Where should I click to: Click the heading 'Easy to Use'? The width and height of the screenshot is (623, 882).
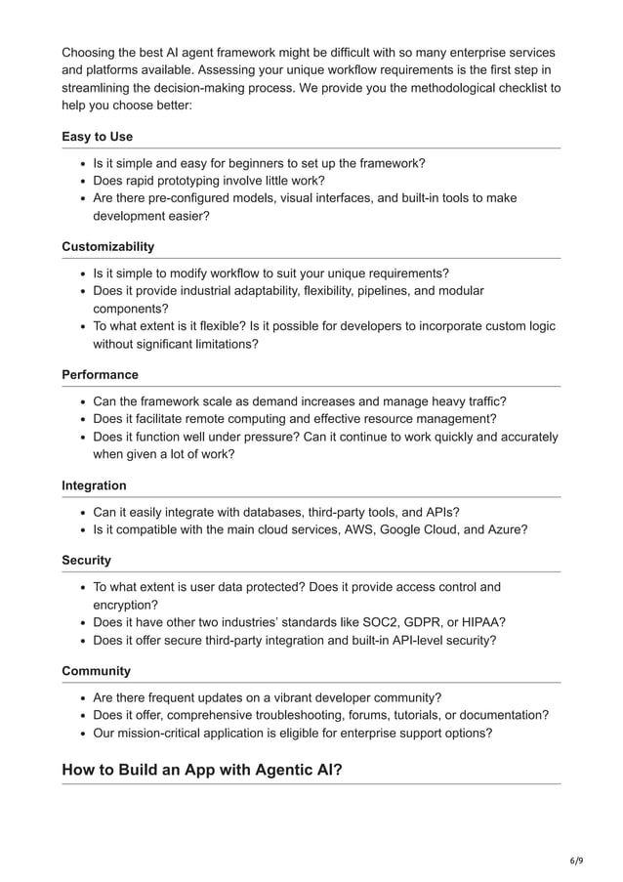point(97,137)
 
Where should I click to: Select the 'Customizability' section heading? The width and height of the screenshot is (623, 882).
point(107,246)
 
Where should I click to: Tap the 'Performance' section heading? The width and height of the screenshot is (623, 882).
point(100,375)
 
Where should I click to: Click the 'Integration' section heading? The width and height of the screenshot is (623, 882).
point(94,485)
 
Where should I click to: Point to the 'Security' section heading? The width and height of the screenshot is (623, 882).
point(86,561)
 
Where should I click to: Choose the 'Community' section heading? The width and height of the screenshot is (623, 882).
point(96,671)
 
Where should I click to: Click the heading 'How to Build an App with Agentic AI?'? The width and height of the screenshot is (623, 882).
point(201,770)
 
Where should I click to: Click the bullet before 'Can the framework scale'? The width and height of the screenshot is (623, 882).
point(82,401)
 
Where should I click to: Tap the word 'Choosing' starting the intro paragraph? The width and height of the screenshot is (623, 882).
point(92,52)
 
